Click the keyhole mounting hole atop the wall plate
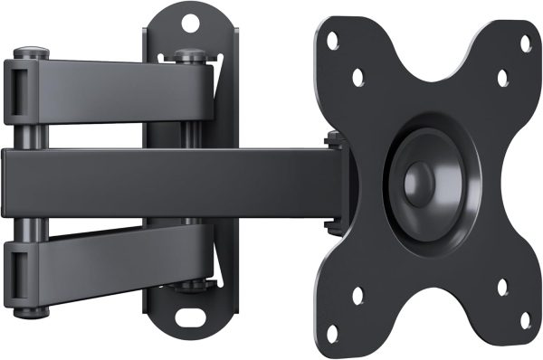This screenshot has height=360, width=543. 190,16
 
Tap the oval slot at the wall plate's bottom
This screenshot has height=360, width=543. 189,317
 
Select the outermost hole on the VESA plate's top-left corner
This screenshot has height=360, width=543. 332,38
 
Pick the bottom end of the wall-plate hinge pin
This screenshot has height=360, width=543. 187,289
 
